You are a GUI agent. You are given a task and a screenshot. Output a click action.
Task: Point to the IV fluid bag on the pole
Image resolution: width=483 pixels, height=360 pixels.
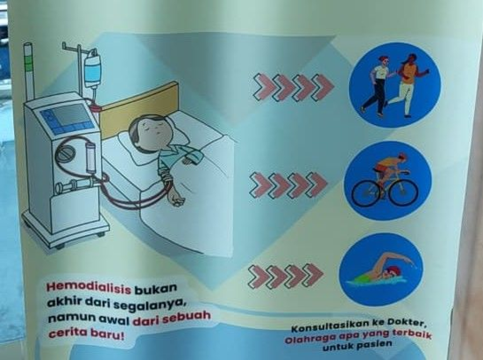[93, 69]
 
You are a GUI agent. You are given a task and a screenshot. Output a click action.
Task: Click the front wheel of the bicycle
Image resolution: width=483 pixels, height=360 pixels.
[403, 193]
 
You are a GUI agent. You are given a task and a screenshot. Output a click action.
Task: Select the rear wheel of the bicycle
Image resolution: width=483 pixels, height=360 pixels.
[366, 193]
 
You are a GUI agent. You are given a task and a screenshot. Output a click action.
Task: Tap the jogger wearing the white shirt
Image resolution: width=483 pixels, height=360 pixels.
[377, 85]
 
